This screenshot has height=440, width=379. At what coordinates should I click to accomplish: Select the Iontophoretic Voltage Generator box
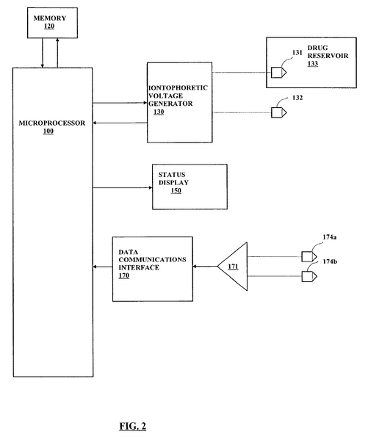(x=178, y=102)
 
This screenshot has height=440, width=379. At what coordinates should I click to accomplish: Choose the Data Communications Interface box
(x=152, y=268)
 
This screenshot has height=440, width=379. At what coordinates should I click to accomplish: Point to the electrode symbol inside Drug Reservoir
(x=277, y=73)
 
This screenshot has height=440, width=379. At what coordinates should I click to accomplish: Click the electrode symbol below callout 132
(x=278, y=113)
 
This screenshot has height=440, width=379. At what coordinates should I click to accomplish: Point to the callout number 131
(x=297, y=54)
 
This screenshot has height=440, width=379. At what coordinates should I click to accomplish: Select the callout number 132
(x=297, y=97)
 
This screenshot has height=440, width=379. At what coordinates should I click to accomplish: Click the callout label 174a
(x=331, y=237)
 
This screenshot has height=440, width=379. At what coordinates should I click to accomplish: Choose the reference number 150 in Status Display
(x=176, y=191)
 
